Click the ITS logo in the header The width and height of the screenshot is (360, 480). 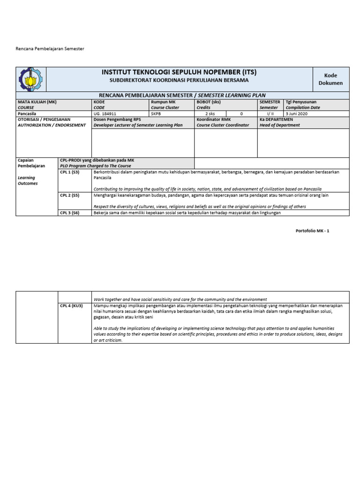coord(30,79)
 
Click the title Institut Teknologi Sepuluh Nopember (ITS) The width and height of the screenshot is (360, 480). coord(179,73)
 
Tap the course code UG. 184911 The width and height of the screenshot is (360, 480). coord(105,113)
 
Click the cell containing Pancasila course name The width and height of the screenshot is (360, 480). coord(27,113)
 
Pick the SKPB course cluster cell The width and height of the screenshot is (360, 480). coord(156,113)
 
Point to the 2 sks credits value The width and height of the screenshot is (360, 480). coord(210,113)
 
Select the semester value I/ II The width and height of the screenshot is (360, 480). coord(270,113)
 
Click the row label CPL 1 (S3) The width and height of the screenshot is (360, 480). coord(69,172)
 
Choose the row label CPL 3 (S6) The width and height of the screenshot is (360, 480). coord(69,213)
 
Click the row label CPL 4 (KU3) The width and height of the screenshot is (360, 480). coord(71,306)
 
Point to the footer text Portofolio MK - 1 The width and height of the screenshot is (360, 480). coord(313,231)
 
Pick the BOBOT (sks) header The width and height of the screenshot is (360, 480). coord(209,102)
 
